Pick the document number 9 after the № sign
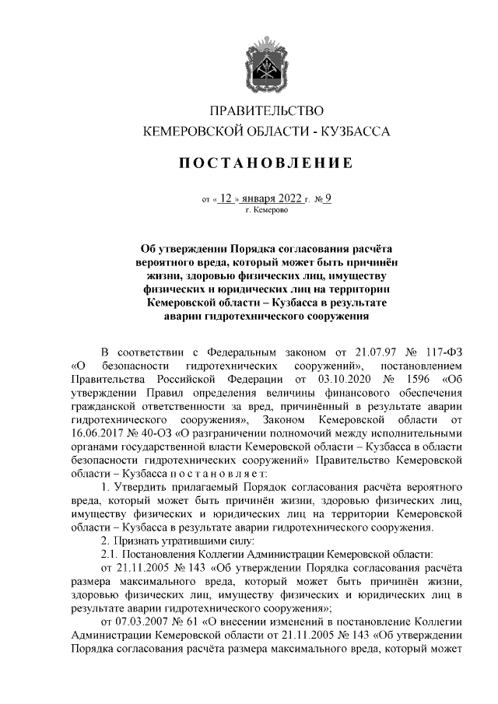tap(328, 198)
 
